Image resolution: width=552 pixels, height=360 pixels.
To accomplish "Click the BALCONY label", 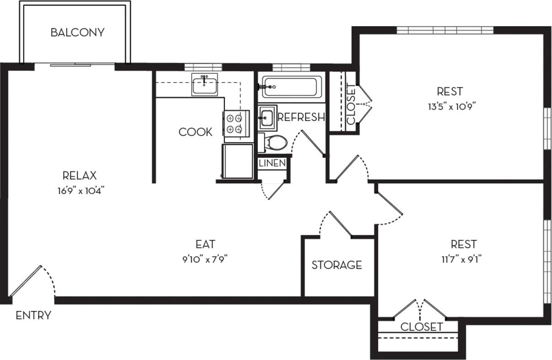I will [x=77, y=32].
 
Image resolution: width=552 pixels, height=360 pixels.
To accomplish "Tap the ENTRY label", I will [x=33, y=315].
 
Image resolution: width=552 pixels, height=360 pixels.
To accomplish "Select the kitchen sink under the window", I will [x=204, y=85].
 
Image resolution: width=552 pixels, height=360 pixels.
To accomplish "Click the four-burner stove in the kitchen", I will [x=236, y=123].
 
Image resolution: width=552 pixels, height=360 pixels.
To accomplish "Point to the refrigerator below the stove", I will [x=237, y=161].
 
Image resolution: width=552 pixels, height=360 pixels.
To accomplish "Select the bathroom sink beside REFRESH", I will [x=266, y=118].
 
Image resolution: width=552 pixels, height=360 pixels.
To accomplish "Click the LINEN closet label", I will [x=272, y=163].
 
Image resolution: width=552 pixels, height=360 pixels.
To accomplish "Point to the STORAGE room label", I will [x=337, y=265].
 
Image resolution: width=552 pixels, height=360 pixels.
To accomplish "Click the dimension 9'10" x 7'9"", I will [x=205, y=259].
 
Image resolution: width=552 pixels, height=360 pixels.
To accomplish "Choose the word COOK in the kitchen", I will [x=196, y=132].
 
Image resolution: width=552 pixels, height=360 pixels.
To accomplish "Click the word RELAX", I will [x=80, y=175].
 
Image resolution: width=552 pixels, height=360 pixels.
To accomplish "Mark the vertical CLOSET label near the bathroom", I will [x=351, y=104].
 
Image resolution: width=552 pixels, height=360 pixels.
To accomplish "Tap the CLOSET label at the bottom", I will [x=421, y=327].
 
